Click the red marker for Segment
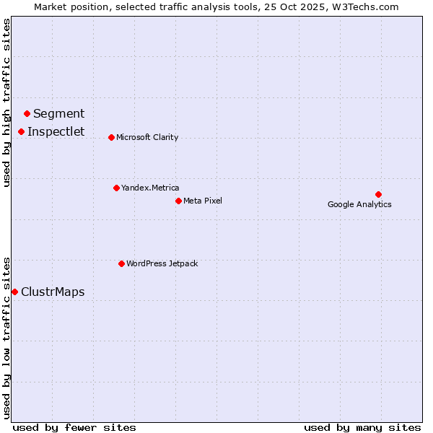pos(27,113)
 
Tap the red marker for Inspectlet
pos(22,131)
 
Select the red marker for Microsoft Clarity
pos(111,137)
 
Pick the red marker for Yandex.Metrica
pos(116,188)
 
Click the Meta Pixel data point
pos(178,201)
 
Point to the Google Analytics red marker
pos(378,194)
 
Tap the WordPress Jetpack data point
pos(121,263)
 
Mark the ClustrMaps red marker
pos(14,292)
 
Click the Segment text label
pos(59,113)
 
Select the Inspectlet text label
pos(56,131)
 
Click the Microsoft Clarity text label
pos(147,137)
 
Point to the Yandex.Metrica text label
pos(150,188)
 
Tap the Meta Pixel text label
pos(203,201)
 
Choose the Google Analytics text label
pos(359,204)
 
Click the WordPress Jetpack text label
pos(162,263)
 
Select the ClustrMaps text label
pos(53,292)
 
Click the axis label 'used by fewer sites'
pos(74,427)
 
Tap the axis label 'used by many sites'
pos(362,427)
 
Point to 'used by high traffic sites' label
pos(7,102)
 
